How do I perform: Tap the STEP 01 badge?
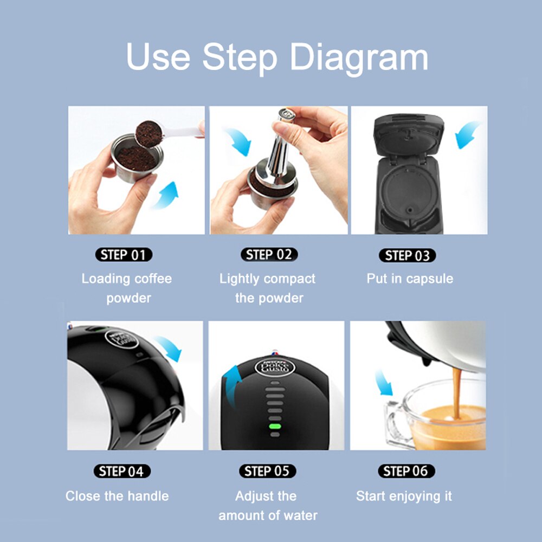click(124, 255)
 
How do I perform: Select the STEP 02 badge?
click(269, 255)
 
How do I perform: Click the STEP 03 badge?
click(407, 255)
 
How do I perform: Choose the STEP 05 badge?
click(267, 471)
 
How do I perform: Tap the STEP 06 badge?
click(406, 471)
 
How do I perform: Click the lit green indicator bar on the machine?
click(275, 427)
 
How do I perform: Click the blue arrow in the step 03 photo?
click(467, 134)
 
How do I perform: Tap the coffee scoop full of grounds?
click(148, 133)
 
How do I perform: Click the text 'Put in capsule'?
click(410, 279)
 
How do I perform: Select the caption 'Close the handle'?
click(117, 496)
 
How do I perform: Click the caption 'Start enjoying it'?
click(404, 496)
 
